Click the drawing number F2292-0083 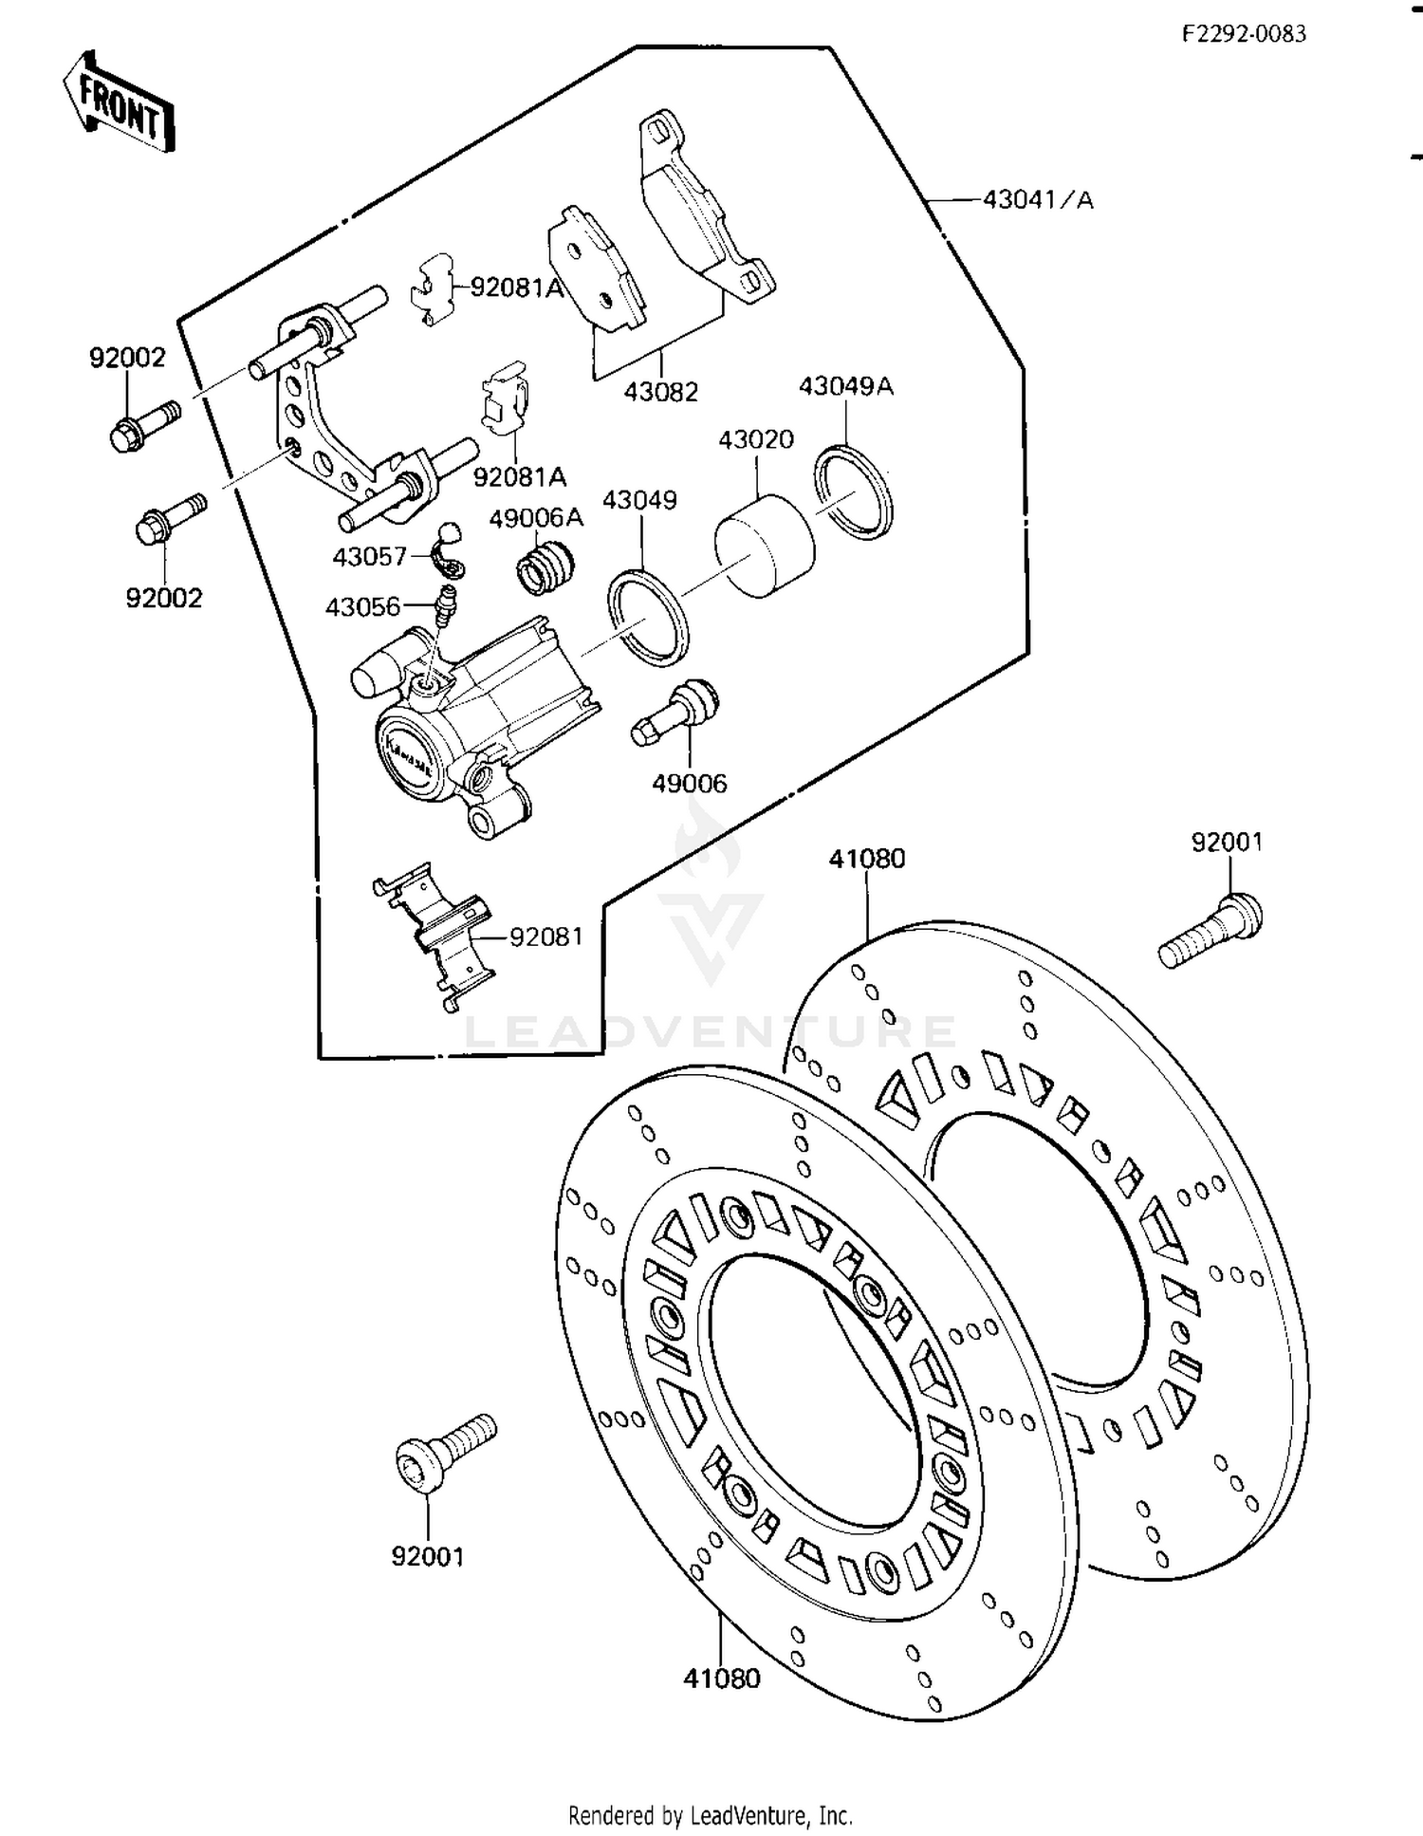pos(1244,34)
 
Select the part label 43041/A pos(1038,200)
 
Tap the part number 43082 pos(661,391)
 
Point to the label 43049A pos(845,386)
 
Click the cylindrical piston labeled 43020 pos(765,546)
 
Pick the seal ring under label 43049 pos(648,616)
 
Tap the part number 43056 pos(362,606)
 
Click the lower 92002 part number pos(164,598)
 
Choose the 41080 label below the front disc pos(722,1678)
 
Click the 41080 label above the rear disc pos(867,859)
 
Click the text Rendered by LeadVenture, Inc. pos(711,1815)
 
